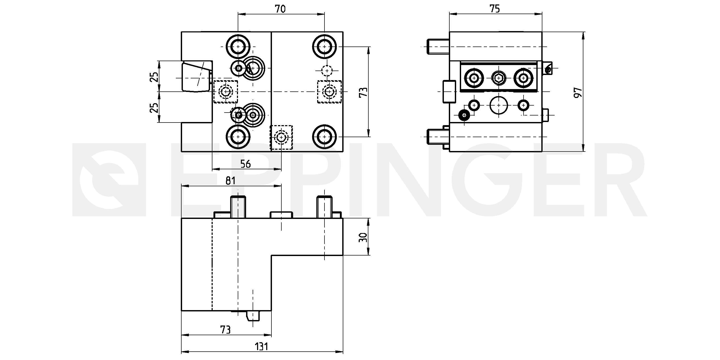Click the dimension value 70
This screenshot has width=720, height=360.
[280, 9]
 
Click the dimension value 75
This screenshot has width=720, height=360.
[495, 9]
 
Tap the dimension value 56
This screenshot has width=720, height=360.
[245, 164]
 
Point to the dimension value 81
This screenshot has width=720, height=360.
[230, 181]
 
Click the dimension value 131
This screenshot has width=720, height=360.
[261, 347]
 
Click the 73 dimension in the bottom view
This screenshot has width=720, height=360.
[225, 330]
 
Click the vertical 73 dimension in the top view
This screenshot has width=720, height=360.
[363, 92]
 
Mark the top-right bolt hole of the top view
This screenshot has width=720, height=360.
[324, 47]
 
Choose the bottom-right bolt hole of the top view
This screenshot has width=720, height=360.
[324, 137]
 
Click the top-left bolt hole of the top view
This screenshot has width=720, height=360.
[238, 47]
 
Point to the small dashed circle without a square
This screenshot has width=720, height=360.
[327, 71]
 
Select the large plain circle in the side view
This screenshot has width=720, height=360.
[499, 105]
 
